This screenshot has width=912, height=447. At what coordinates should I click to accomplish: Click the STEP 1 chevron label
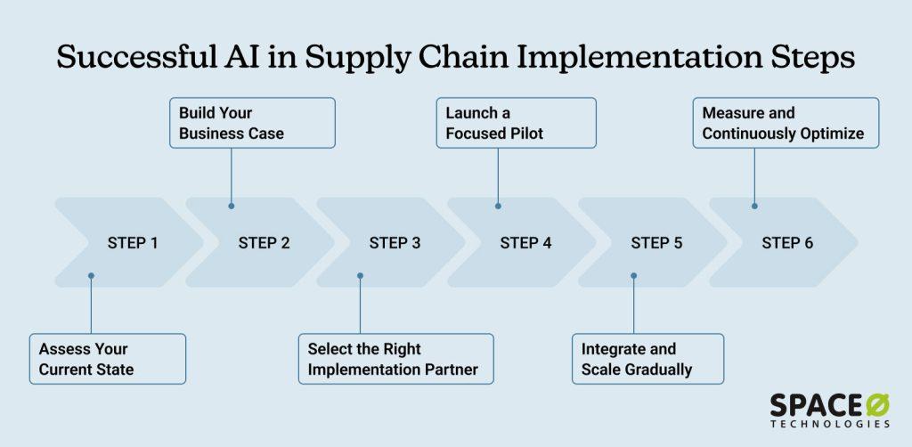(x=133, y=242)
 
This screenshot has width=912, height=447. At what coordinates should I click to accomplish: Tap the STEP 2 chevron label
(x=264, y=242)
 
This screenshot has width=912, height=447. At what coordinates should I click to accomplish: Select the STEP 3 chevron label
(x=395, y=242)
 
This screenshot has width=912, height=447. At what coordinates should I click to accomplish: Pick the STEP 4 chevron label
(x=525, y=242)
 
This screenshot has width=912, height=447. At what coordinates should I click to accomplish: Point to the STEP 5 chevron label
(x=656, y=242)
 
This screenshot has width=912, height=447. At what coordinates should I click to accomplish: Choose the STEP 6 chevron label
(x=787, y=242)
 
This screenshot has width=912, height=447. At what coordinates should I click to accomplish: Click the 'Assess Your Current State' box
(x=107, y=358)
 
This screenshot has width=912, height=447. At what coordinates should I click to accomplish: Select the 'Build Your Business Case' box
(x=252, y=123)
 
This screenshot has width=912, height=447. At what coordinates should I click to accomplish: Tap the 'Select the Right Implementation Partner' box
(x=395, y=358)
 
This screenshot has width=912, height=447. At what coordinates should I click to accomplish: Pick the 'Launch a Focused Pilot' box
(x=515, y=123)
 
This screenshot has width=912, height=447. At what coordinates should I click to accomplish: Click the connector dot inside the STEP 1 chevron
(x=91, y=276)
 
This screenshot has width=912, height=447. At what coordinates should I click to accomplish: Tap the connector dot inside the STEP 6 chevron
(x=754, y=206)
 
